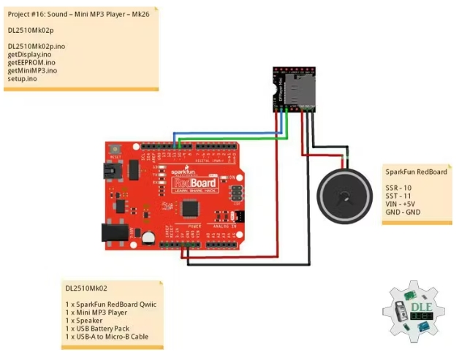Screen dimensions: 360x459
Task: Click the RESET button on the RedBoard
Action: pos(115,149)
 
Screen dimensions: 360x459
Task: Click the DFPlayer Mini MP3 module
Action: pos(295,89)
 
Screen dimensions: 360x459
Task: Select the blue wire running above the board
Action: pos(227,134)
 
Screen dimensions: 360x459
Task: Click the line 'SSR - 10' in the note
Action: pos(400,188)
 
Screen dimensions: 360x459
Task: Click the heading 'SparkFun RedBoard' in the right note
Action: pos(416,172)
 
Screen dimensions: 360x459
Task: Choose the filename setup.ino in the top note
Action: pos(23,78)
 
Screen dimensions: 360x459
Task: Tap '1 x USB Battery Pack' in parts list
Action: pos(97,328)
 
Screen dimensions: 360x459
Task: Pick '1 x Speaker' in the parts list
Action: pos(85,320)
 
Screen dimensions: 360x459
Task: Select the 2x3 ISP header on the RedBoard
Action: pos(236,191)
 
